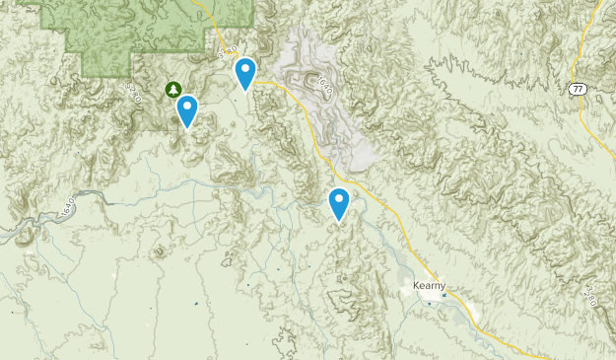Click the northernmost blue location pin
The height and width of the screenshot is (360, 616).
click(x=245, y=72)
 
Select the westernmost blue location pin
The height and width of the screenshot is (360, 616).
click(x=187, y=109)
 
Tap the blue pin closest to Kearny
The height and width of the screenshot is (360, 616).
click(x=339, y=202)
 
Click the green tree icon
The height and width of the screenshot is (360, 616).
click(x=173, y=90)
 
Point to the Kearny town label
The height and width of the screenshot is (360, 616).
click(x=429, y=286)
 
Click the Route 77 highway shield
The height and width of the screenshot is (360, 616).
click(x=578, y=89)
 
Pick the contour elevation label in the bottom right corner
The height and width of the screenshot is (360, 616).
click(x=590, y=293)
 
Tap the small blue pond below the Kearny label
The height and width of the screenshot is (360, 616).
click(x=430, y=303)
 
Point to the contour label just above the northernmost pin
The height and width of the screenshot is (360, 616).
click(x=229, y=48)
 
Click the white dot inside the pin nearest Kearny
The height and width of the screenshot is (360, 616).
click(x=339, y=200)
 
